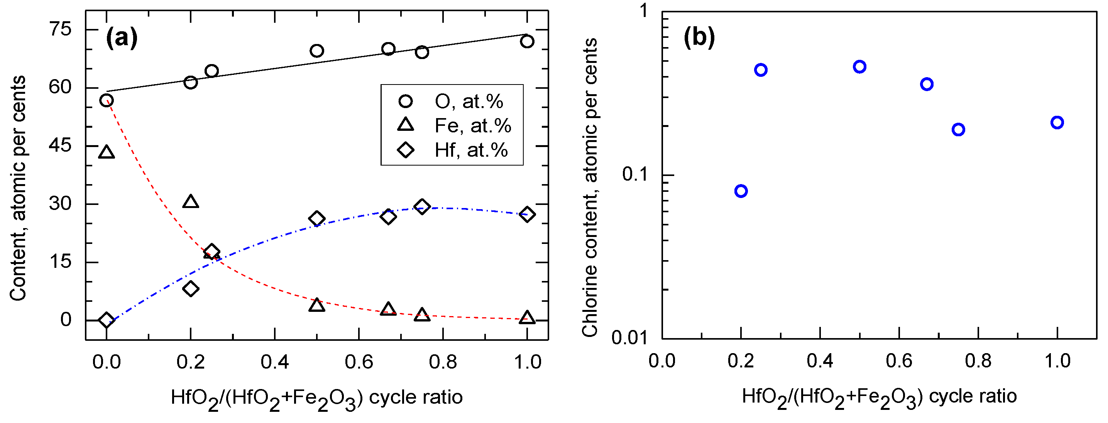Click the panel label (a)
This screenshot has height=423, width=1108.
point(122,38)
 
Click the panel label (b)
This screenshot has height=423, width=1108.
point(699,37)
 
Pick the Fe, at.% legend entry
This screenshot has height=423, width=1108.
point(472,126)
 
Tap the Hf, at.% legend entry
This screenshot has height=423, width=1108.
point(470,150)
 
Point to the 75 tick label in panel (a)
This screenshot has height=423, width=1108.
point(60,29)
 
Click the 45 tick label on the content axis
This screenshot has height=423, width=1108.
point(60,146)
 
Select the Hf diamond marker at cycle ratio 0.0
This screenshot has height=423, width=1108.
point(106,320)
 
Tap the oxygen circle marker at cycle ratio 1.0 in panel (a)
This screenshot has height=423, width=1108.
point(527,41)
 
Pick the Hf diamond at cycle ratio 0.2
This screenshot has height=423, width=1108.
point(191,288)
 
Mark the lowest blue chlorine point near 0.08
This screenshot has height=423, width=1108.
point(741,191)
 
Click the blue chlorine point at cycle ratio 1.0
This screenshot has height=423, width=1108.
point(1057,123)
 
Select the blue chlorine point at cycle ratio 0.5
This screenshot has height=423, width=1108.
point(859,67)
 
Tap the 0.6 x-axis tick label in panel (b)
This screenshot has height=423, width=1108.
point(898,360)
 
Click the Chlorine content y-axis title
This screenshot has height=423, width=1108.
point(590,187)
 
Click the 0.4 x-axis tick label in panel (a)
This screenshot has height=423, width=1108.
point(274,362)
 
